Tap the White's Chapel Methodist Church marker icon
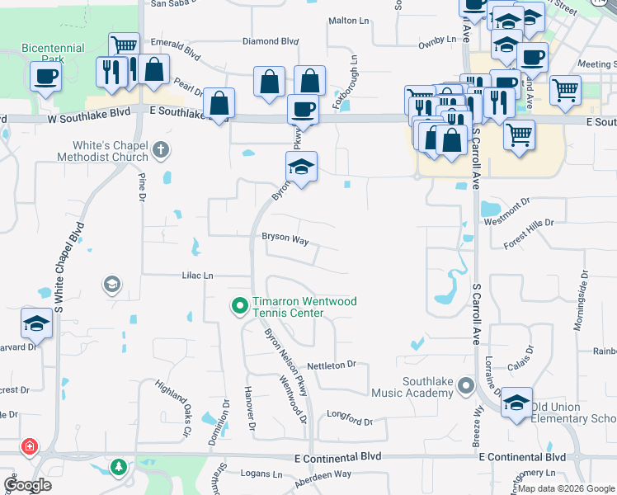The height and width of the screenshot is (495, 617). [161, 151]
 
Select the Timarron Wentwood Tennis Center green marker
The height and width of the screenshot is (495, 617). [240, 307]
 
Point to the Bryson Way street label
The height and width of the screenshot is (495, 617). [285, 238]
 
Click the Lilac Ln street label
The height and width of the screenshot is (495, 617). [197, 276]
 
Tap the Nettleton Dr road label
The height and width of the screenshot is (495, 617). [331, 364]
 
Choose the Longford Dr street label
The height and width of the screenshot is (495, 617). [350, 419]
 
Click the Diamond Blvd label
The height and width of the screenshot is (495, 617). [270, 40]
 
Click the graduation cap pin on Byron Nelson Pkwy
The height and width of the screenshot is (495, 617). [301, 167]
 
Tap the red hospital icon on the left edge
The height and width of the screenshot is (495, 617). [31, 447]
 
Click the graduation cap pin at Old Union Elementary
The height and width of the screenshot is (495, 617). [516, 403]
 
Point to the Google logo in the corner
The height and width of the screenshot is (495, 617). [28, 485]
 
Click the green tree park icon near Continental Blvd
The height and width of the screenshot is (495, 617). [119, 468]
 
